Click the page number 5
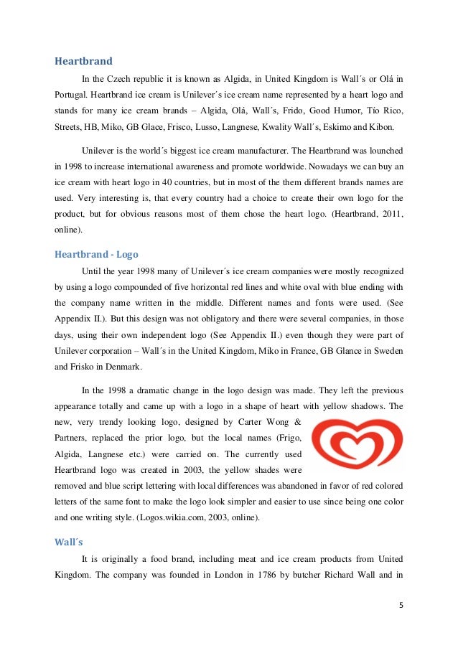click(x=400, y=605)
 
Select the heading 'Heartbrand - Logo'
click(x=96, y=254)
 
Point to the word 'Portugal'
click(x=74, y=95)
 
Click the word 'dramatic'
click(x=162, y=390)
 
